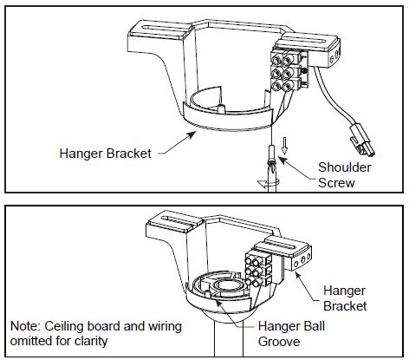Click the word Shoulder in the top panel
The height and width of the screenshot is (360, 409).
pos(345,167)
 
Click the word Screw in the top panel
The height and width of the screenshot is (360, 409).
pos(336,183)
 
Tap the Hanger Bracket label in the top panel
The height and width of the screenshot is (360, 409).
pos(106,154)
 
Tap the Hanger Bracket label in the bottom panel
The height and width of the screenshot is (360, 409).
pos(345,298)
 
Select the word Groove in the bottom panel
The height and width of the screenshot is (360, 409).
pos(279,342)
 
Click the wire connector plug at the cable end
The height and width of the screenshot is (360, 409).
pos(362,141)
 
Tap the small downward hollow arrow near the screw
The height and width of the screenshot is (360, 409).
pos(284,146)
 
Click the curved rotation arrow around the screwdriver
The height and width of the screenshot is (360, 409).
pos(269,183)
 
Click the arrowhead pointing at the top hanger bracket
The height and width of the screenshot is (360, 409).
pos(192,134)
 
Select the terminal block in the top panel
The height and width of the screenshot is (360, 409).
pos(287,70)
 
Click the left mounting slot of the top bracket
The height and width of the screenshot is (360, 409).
pos(164,29)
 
